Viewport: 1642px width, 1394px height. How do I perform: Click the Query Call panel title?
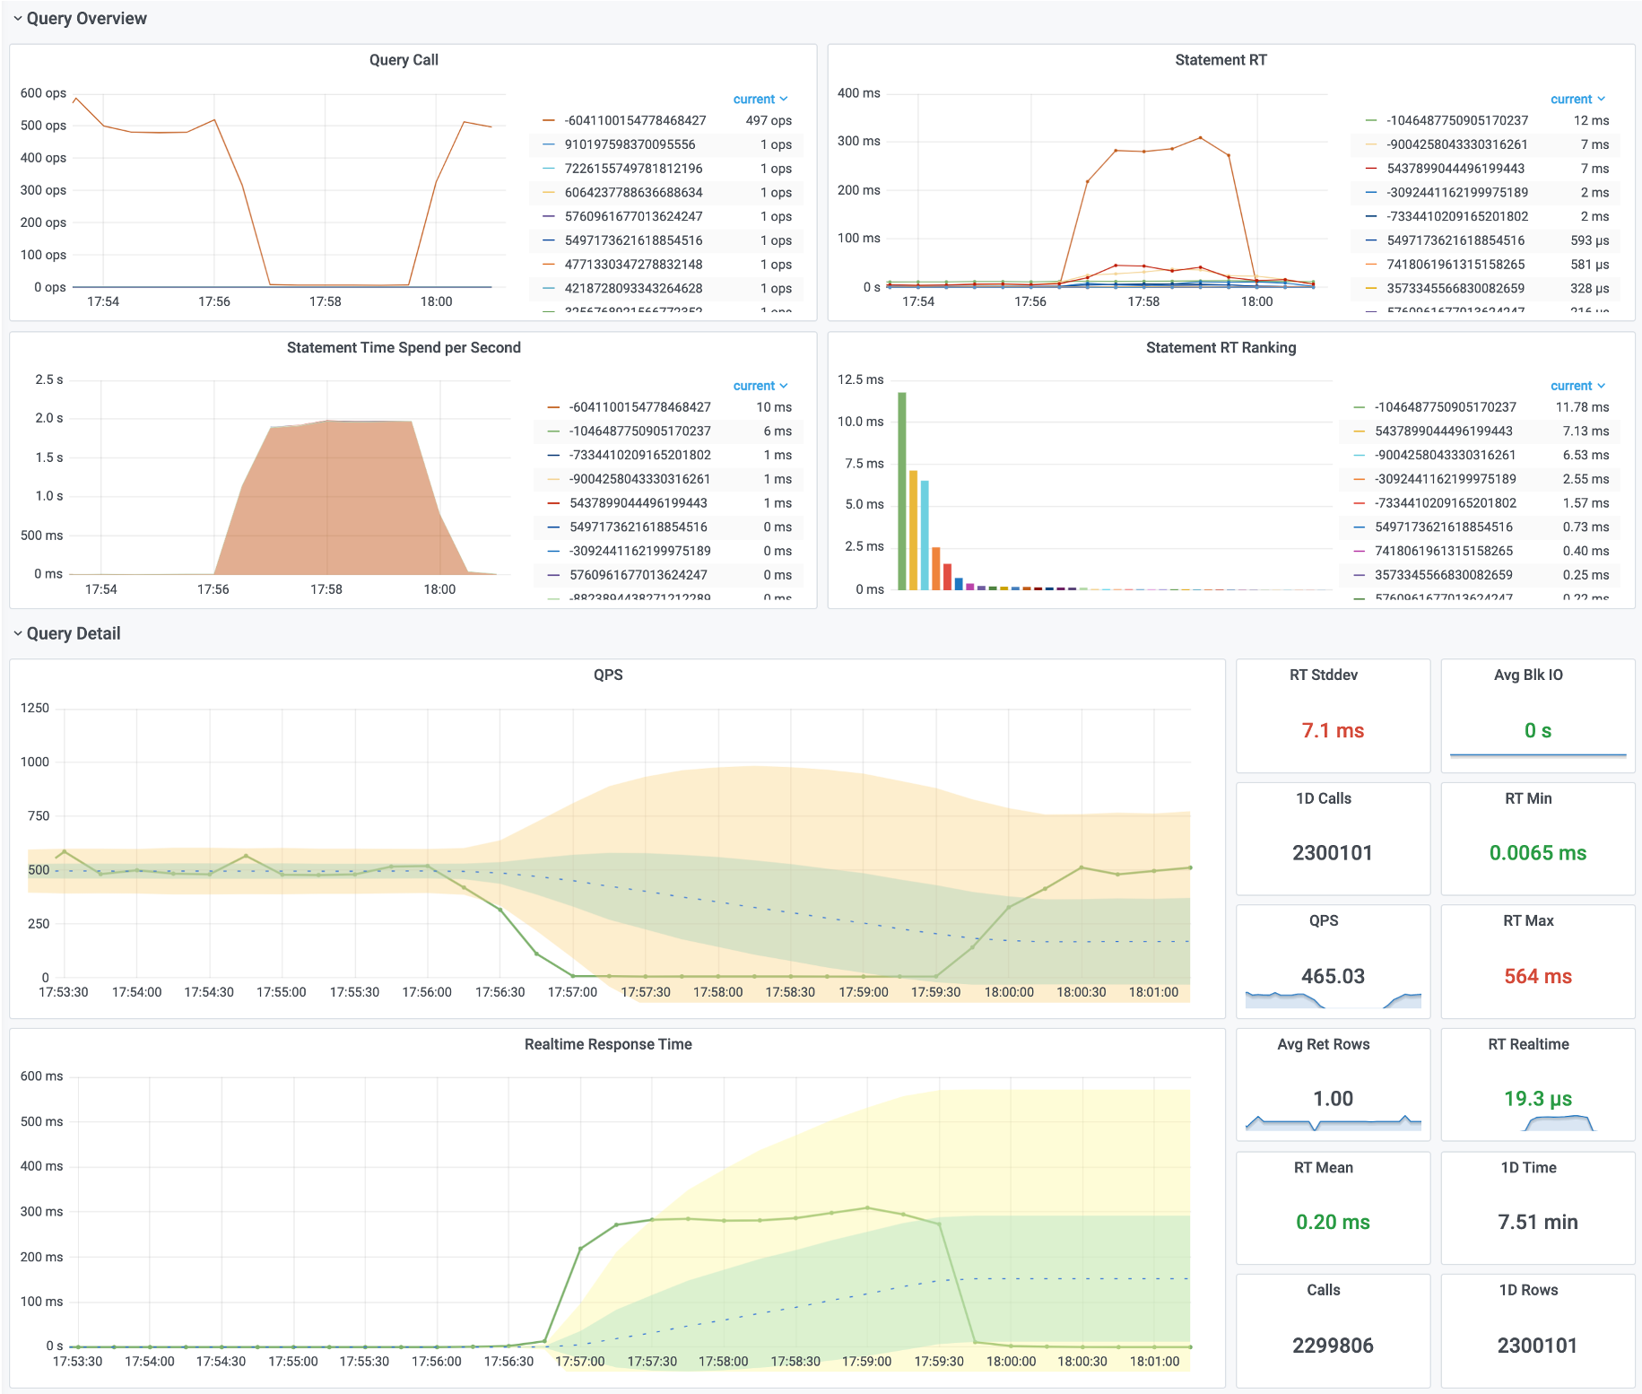pos(404,60)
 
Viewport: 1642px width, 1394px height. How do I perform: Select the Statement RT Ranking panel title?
pos(1221,348)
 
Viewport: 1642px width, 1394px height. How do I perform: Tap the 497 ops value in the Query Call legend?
pos(769,121)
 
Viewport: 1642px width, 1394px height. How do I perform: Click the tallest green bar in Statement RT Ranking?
pos(902,491)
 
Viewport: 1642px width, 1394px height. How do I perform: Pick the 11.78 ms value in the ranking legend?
pos(1582,407)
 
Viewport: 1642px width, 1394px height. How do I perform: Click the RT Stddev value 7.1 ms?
pos(1333,731)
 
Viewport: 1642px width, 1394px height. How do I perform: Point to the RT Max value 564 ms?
pos(1537,976)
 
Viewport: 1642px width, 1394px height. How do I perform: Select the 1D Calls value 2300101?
pos(1333,853)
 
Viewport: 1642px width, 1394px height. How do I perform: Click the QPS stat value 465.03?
pos(1333,976)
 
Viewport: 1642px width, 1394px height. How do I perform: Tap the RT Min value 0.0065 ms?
pos(1537,853)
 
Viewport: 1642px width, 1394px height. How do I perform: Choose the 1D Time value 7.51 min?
pos(1537,1222)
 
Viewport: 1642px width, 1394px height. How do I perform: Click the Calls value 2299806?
pos(1333,1346)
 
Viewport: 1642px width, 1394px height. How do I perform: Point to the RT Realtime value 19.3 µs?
pos(1537,1099)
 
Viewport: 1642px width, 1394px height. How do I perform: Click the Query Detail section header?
pos(74,634)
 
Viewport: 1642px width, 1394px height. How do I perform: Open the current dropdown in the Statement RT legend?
pos(1577,100)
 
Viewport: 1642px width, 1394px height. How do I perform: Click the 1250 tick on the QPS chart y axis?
pos(35,709)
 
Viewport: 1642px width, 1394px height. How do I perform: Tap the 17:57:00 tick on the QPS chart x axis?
pos(572,992)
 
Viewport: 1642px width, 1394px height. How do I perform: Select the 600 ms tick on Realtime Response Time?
pos(41,1076)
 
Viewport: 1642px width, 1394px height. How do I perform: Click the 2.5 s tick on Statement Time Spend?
pos(48,380)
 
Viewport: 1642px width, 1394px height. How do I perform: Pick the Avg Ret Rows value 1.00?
pos(1333,1099)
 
